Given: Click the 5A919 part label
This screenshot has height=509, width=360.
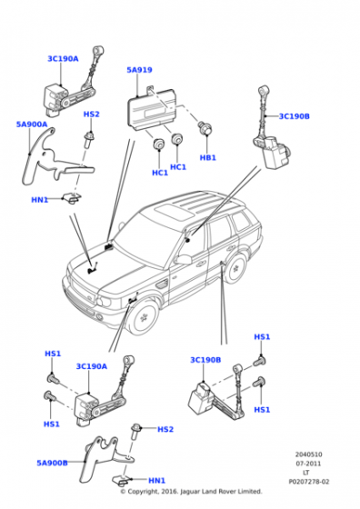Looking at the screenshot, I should (x=140, y=70).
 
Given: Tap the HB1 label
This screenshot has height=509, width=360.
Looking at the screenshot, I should (x=207, y=157).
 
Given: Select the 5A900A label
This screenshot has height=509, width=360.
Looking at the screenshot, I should (x=32, y=125).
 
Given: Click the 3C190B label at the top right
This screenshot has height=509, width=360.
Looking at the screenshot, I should (x=294, y=116).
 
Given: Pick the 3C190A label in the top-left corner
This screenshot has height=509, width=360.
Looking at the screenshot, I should (x=63, y=58).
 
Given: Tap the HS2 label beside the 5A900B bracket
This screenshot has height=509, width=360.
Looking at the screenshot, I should (x=165, y=429).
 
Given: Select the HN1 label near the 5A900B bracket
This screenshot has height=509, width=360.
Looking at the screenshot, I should (x=156, y=481).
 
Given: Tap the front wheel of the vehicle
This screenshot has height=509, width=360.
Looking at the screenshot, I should (x=143, y=319).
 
